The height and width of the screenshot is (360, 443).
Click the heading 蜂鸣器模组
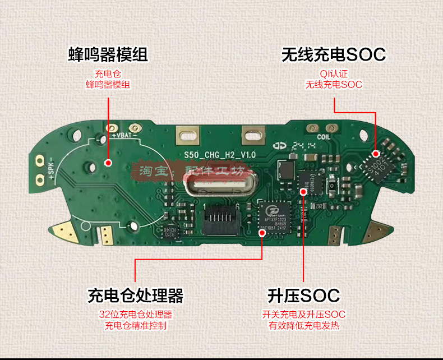[x=108, y=55]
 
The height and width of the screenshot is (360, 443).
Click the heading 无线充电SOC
[x=334, y=55]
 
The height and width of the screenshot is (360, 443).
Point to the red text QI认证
[x=334, y=73]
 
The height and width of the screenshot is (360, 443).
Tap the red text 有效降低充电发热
[x=303, y=325]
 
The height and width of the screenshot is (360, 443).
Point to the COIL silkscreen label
[x=326, y=136]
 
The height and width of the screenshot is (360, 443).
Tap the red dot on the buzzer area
[x=108, y=163]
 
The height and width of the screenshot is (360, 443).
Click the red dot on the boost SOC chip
[x=303, y=191]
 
